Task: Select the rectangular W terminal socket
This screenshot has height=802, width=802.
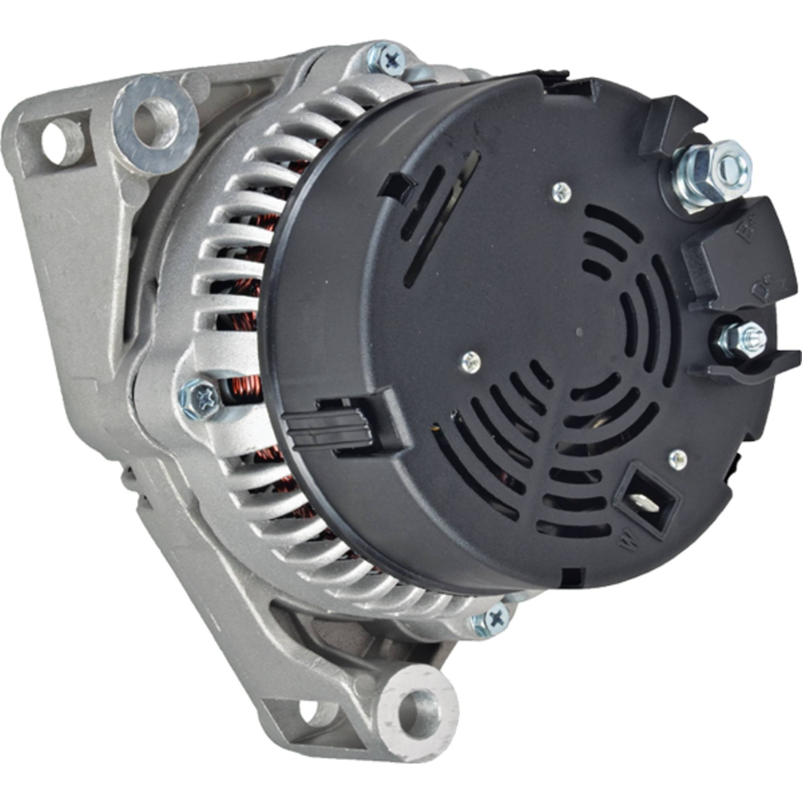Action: tap(646, 500)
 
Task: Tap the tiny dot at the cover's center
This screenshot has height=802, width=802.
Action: tap(579, 332)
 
